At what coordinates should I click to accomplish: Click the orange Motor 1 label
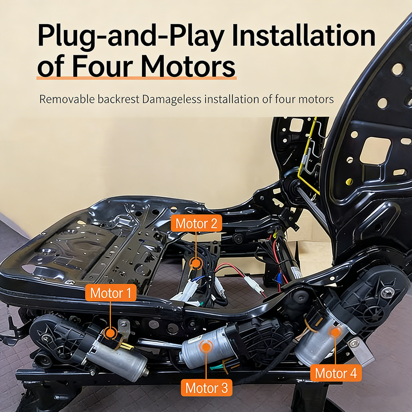point(111,294)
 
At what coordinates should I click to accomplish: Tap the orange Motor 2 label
point(197,224)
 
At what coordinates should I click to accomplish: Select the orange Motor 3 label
point(207,388)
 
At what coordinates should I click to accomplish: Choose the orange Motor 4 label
point(336,373)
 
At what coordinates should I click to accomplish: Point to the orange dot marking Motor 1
point(110,333)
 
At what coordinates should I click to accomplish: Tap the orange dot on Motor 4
point(335,331)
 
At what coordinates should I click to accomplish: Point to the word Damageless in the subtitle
point(171,100)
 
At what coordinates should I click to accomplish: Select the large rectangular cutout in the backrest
point(375,150)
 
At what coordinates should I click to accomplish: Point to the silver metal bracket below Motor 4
point(359,348)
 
